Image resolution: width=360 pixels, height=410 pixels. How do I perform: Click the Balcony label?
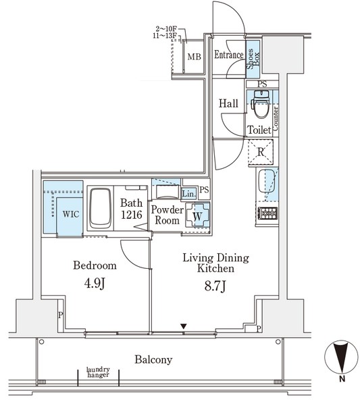point(153,359)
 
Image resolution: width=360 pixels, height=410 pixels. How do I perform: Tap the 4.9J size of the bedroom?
point(95,283)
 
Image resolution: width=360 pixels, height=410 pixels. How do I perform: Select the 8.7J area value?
point(215,286)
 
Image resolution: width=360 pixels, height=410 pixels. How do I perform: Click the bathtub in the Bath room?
point(100,209)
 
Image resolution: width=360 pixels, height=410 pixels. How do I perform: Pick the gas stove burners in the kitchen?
point(267,213)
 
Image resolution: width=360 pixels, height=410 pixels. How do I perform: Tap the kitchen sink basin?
point(267,181)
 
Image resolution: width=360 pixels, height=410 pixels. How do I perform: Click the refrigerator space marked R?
point(261,152)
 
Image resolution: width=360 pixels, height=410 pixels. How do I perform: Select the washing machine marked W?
point(197,215)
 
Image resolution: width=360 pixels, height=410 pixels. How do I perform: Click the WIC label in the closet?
point(71,214)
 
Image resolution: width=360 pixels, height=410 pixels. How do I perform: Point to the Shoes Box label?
point(253,59)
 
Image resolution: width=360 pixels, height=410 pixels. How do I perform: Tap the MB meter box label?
point(195,56)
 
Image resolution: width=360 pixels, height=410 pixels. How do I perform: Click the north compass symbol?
point(341,357)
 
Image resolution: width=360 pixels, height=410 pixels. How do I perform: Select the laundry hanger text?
point(98,372)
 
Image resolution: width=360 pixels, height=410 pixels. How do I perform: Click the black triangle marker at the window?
point(184,326)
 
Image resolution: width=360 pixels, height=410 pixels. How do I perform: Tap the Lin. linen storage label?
point(188,194)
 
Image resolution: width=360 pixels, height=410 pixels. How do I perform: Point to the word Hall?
point(228,103)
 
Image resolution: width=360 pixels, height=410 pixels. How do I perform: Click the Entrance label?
point(229,55)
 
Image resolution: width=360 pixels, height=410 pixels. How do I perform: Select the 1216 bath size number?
point(132,215)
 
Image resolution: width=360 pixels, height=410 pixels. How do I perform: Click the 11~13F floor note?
point(165,36)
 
